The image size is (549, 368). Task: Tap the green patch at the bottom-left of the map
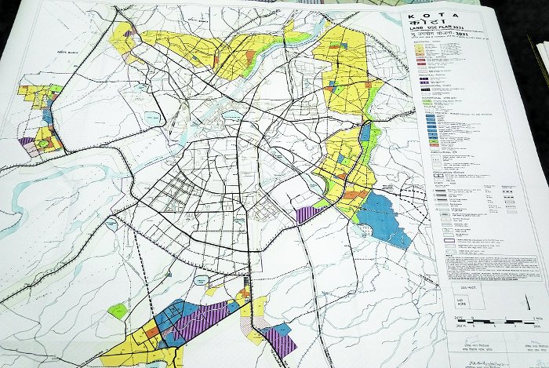[x=118, y=311]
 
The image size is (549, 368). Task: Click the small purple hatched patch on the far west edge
[x=27, y=142]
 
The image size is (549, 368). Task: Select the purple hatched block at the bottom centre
[x=278, y=341]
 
